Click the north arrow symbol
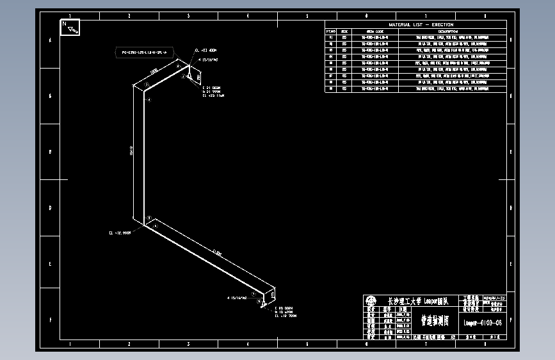(70, 27)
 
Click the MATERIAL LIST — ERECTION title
(415, 24)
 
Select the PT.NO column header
(331, 31)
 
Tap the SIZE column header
(344, 31)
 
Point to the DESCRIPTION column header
(447, 31)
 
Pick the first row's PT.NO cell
(331, 37)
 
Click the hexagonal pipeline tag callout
(144, 52)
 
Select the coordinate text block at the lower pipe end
(286, 312)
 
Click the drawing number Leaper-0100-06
(483, 323)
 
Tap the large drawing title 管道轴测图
(434, 320)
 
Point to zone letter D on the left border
(51, 208)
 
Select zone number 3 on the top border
(188, 15)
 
